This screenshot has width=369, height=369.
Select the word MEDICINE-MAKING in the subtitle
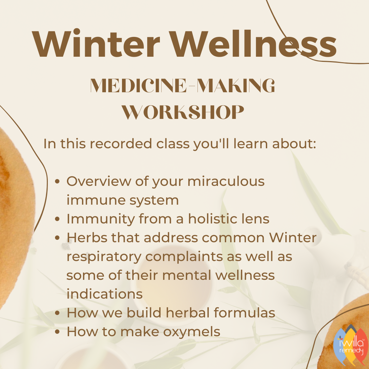182,86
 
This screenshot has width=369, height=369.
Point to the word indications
105,294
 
